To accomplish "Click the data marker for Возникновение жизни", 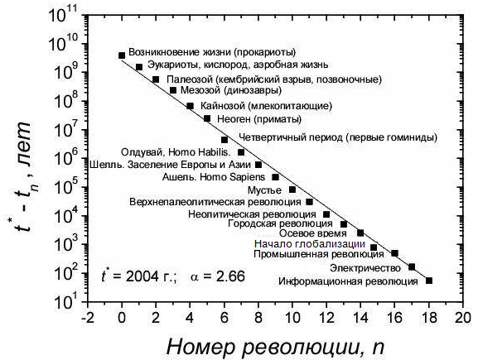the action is click(x=122, y=55).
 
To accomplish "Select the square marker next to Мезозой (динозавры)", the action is click(x=173, y=90).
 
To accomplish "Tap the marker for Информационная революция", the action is click(x=429, y=281).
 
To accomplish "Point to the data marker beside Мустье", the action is click(x=292, y=190).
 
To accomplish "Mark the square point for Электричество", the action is click(x=412, y=267).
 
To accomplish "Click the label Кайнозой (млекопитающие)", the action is click(x=266, y=106).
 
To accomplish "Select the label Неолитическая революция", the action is click(x=252, y=214).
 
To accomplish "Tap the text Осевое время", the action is click(x=313, y=233).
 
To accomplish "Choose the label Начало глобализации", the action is click(x=310, y=244).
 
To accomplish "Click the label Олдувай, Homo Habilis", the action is click(x=176, y=152).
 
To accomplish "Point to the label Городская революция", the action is click(x=280, y=223).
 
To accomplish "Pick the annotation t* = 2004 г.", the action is click(x=139, y=276).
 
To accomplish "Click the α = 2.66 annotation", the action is click(x=218, y=276).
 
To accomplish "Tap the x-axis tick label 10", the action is click(x=292, y=318).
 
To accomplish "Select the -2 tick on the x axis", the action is click(x=87, y=318).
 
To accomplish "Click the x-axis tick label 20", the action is click(x=463, y=318).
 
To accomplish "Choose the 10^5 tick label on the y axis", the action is click(x=65, y=187).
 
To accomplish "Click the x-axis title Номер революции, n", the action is click(x=275, y=348).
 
